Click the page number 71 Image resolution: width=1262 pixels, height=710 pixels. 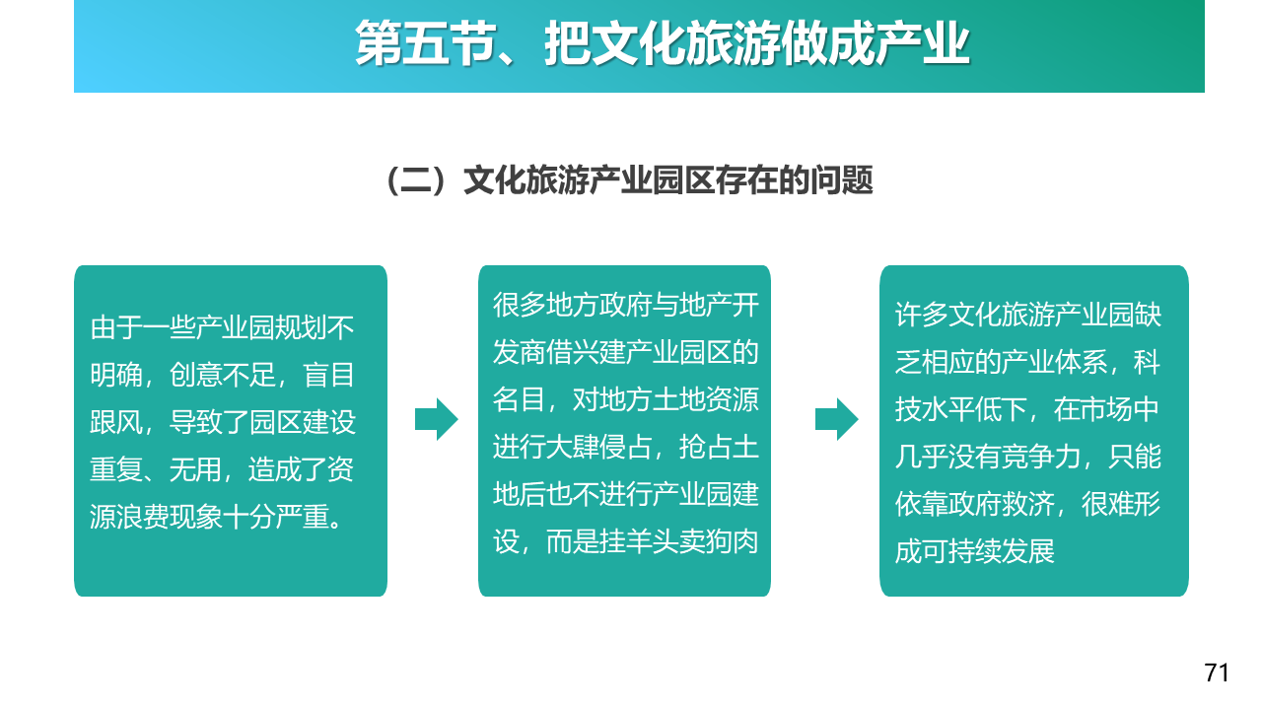pos(1217,673)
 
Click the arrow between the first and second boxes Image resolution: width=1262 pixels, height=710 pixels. pos(437,419)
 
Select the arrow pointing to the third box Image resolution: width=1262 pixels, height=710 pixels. pos(837,419)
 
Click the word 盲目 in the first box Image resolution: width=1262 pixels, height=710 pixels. pos(329,376)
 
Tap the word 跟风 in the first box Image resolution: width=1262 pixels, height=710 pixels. pos(116,422)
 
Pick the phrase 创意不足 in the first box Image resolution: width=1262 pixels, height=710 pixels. pos(222,376)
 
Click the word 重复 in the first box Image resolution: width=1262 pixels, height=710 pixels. pos(116,469)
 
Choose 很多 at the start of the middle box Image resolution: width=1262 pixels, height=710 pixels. pos(519,305)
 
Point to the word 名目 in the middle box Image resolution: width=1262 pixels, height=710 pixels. pos(519,399)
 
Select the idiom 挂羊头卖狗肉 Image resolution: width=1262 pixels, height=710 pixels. pos(679,541)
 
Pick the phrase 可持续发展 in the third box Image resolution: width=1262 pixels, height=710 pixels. pos(988,551)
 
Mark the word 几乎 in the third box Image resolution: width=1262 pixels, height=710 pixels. pos(921,457)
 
